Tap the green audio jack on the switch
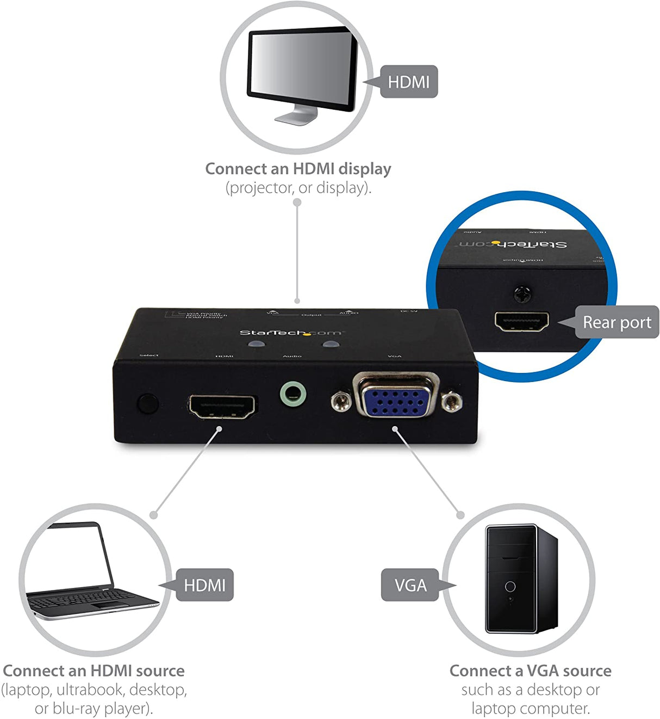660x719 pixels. tap(293, 394)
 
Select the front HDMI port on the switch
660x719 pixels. tap(222, 407)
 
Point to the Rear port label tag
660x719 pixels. tap(617, 322)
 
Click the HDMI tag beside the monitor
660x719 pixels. tap(408, 82)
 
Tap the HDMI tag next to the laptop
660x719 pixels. tap(204, 585)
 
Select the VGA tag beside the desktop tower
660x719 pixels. tap(410, 585)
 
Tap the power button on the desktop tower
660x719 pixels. tap(510, 586)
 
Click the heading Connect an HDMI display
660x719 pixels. tap(298, 169)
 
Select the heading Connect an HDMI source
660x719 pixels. tap(94, 671)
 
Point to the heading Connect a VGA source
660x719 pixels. tap(530, 671)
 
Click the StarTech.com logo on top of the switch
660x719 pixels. tap(291, 333)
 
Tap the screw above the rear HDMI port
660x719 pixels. tap(522, 294)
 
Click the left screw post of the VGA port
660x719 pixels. tap(341, 402)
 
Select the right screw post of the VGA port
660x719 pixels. tap(451, 402)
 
